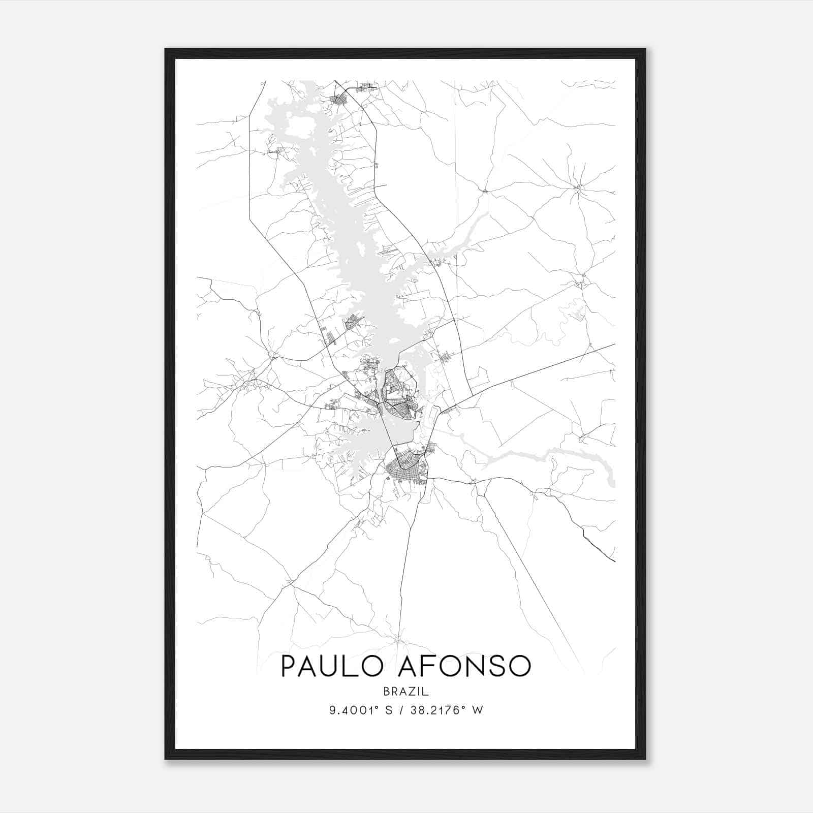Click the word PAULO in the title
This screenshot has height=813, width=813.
click(332, 666)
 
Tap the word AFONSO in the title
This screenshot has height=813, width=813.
click(464, 666)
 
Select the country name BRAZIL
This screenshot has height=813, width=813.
click(406, 692)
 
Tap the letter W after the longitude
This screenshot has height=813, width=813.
click(477, 710)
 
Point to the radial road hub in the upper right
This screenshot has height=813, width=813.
click(578, 189)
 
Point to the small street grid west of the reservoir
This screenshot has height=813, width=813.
click(352, 322)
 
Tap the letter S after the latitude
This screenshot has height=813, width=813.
click(389, 710)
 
